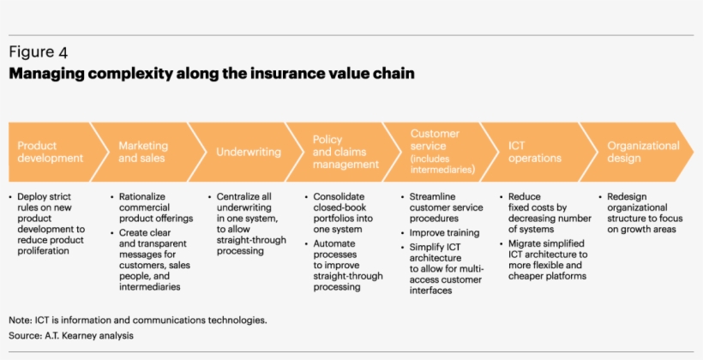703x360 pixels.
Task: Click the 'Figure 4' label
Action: tap(39, 53)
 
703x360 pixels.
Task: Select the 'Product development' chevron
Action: tap(50, 152)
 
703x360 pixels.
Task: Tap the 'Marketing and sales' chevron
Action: tap(143, 152)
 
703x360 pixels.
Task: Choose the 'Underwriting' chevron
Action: tap(248, 152)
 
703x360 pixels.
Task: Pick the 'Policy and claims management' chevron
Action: tap(345, 152)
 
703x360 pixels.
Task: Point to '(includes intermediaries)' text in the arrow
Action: tap(442, 164)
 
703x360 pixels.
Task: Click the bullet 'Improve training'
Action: tap(443, 231)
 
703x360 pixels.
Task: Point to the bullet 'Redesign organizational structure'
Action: tap(644, 213)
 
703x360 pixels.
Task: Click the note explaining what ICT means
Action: tap(138, 320)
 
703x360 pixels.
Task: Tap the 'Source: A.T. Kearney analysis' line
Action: tap(71, 335)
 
